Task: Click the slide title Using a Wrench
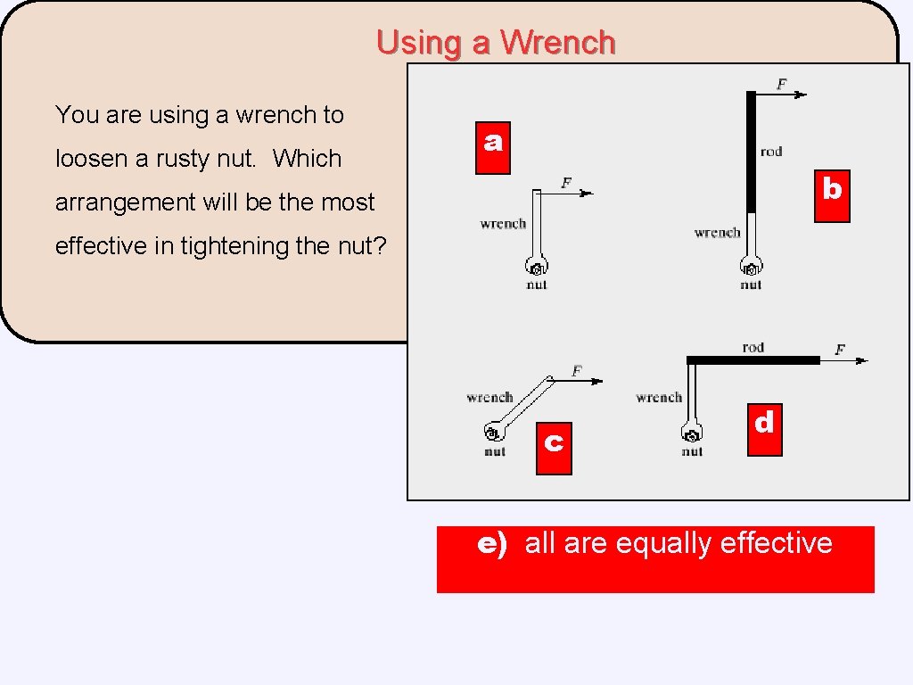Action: (x=496, y=43)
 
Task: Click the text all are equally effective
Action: (x=679, y=543)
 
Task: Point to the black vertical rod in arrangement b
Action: (x=751, y=152)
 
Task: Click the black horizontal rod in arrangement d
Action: (x=753, y=360)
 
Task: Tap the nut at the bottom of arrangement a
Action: (x=537, y=268)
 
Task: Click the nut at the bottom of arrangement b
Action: (x=751, y=268)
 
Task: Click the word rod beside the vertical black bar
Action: (x=771, y=152)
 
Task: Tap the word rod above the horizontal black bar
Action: (x=753, y=347)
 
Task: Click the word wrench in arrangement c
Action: (x=489, y=397)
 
